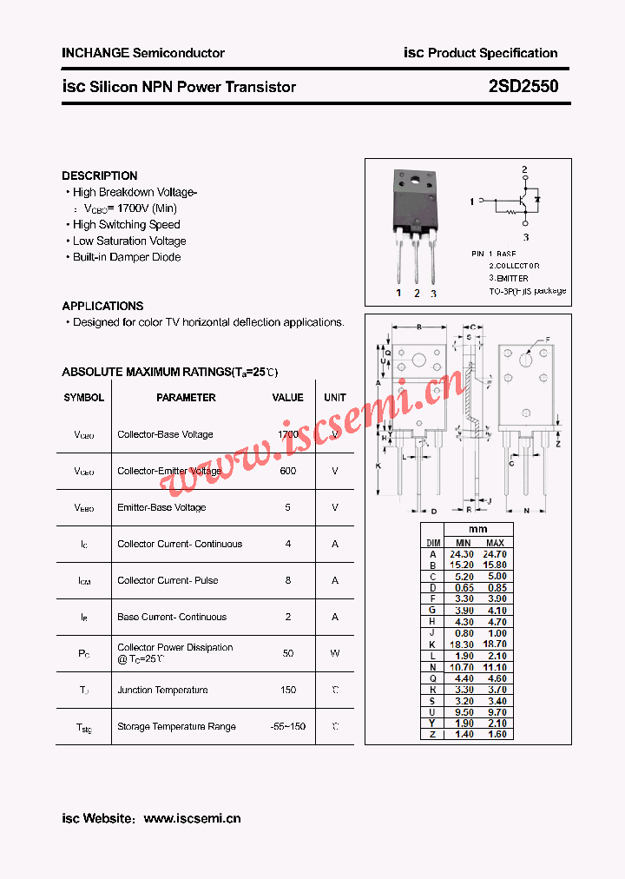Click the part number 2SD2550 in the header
click(523, 87)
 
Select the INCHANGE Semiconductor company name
click(143, 53)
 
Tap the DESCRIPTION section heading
click(100, 175)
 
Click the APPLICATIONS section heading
click(102, 306)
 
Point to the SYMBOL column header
click(83, 398)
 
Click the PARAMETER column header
click(186, 398)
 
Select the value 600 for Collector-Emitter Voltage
click(288, 471)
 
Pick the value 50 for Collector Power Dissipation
click(288, 653)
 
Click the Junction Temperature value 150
click(288, 690)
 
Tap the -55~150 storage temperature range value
click(288, 726)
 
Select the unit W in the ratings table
click(335, 653)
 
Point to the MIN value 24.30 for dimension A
click(462, 554)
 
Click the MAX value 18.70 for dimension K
click(495, 644)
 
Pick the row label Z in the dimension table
click(432, 735)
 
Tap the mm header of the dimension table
click(478, 530)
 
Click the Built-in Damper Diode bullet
click(127, 257)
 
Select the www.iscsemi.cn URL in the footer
click(192, 818)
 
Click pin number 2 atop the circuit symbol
click(524, 169)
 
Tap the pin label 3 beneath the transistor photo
click(433, 294)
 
